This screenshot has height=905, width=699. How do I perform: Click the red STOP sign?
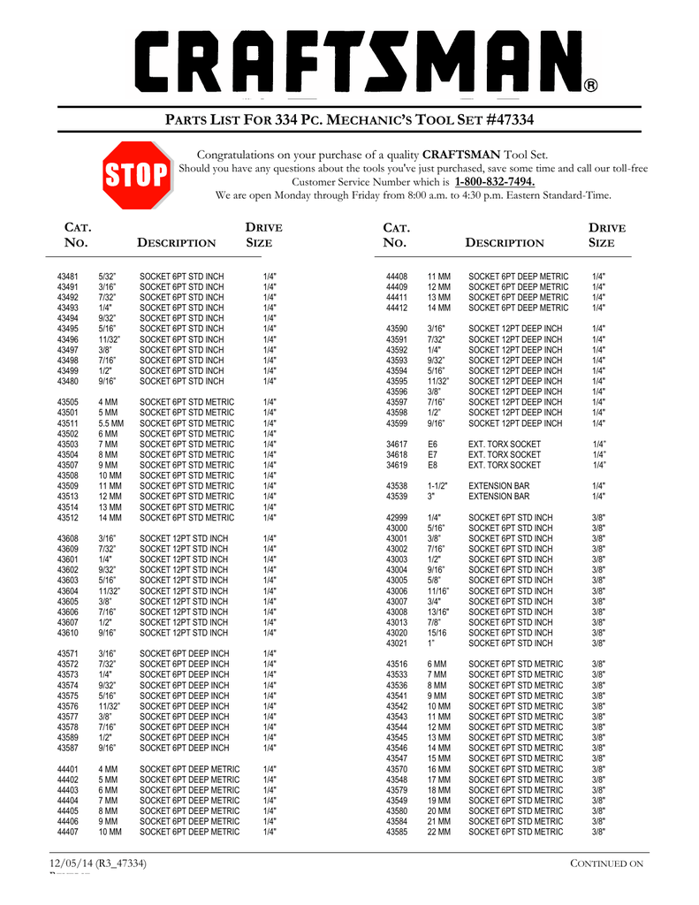click(x=137, y=175)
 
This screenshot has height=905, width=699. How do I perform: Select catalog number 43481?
click(x=68, y=277)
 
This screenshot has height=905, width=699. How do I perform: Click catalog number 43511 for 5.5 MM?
click(x=68, y=423)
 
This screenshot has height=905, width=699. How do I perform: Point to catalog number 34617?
click(x=397, y=444)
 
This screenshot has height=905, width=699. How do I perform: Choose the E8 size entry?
click(x=433, y=465)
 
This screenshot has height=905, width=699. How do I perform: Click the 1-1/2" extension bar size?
click(x=437, y=486)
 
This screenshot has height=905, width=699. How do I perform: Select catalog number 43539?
click(x=397, y=497)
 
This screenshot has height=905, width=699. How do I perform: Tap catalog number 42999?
click(x=397, y=517)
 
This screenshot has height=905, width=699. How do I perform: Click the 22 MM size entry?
click(x=438, y=832)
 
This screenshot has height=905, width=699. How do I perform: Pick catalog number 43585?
click(x=397, y=832)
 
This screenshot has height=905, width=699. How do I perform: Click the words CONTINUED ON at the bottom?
click(x=607, y=863)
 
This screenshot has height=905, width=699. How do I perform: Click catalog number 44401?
click(x=68, y=769)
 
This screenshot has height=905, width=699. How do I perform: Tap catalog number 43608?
click(x=68, y=538)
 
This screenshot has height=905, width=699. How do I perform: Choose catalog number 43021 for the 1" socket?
click(x=397, y=643)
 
